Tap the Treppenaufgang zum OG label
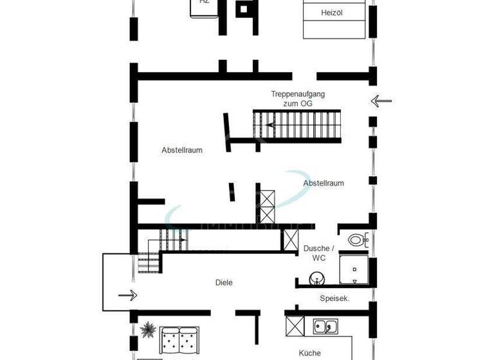[x=298, y=98]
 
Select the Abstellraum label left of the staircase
[x=182, y=150]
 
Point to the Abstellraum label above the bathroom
[x=324, y=183]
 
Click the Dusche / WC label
[x=319, y=253]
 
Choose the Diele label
[x=224, y=282]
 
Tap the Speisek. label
[x=334, y=298]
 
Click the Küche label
[x=309, y=353]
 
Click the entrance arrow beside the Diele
[x=127, y=295]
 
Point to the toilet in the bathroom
[x=357, y=240]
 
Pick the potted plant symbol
[x=148, y=330]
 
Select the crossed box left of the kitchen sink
[x=294, y=326]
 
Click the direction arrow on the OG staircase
[x=271, y=125]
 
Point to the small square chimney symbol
[x=245, y=9]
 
